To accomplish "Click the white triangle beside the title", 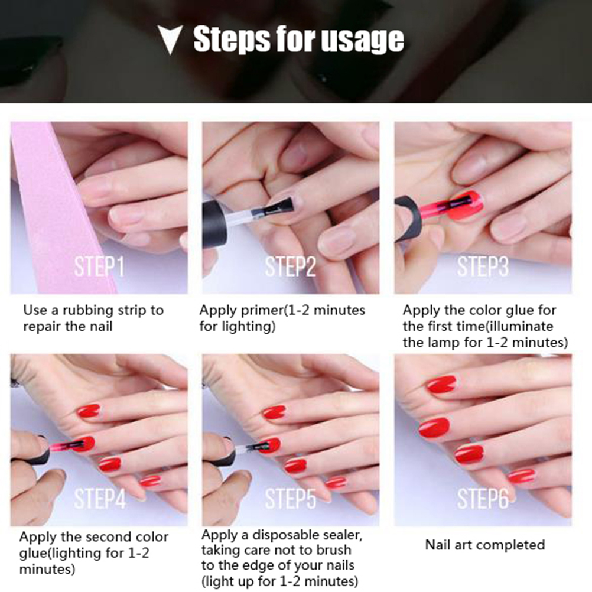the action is tap(170, 39).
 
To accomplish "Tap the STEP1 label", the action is tap(99, 266).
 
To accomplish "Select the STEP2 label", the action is tap(290, 266).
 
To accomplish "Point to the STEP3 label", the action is tap(483, 266).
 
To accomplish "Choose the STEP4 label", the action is tap(100, 499).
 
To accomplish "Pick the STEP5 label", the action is tap(290, 499).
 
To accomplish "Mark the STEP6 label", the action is tap(483, 499).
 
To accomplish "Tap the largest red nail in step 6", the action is tap(434, 427).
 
